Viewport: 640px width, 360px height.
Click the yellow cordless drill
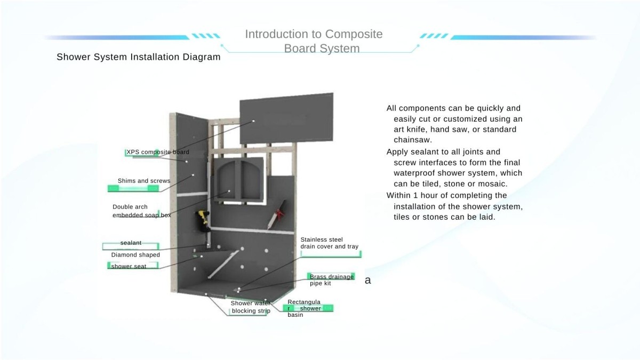[x=203, y=220]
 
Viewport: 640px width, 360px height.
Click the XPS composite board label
[x=157, y=152]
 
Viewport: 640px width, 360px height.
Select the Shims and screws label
[x=143, y=181]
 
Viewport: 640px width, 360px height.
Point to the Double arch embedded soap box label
[x=141, y=211]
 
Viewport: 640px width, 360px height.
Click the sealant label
[x=131, y=243]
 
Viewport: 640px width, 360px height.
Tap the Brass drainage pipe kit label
[x=331, y=280]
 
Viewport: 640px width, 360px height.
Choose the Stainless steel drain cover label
[x=329, y=243]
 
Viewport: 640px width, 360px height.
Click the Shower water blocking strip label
[x=251, y=307]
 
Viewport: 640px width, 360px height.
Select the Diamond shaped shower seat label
[x=135, y=260]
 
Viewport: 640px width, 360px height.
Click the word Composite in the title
[x=354, y=34]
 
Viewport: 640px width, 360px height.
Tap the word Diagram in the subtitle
[x=201, y=57]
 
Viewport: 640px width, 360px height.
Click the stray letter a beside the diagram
[x=368, y=280]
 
